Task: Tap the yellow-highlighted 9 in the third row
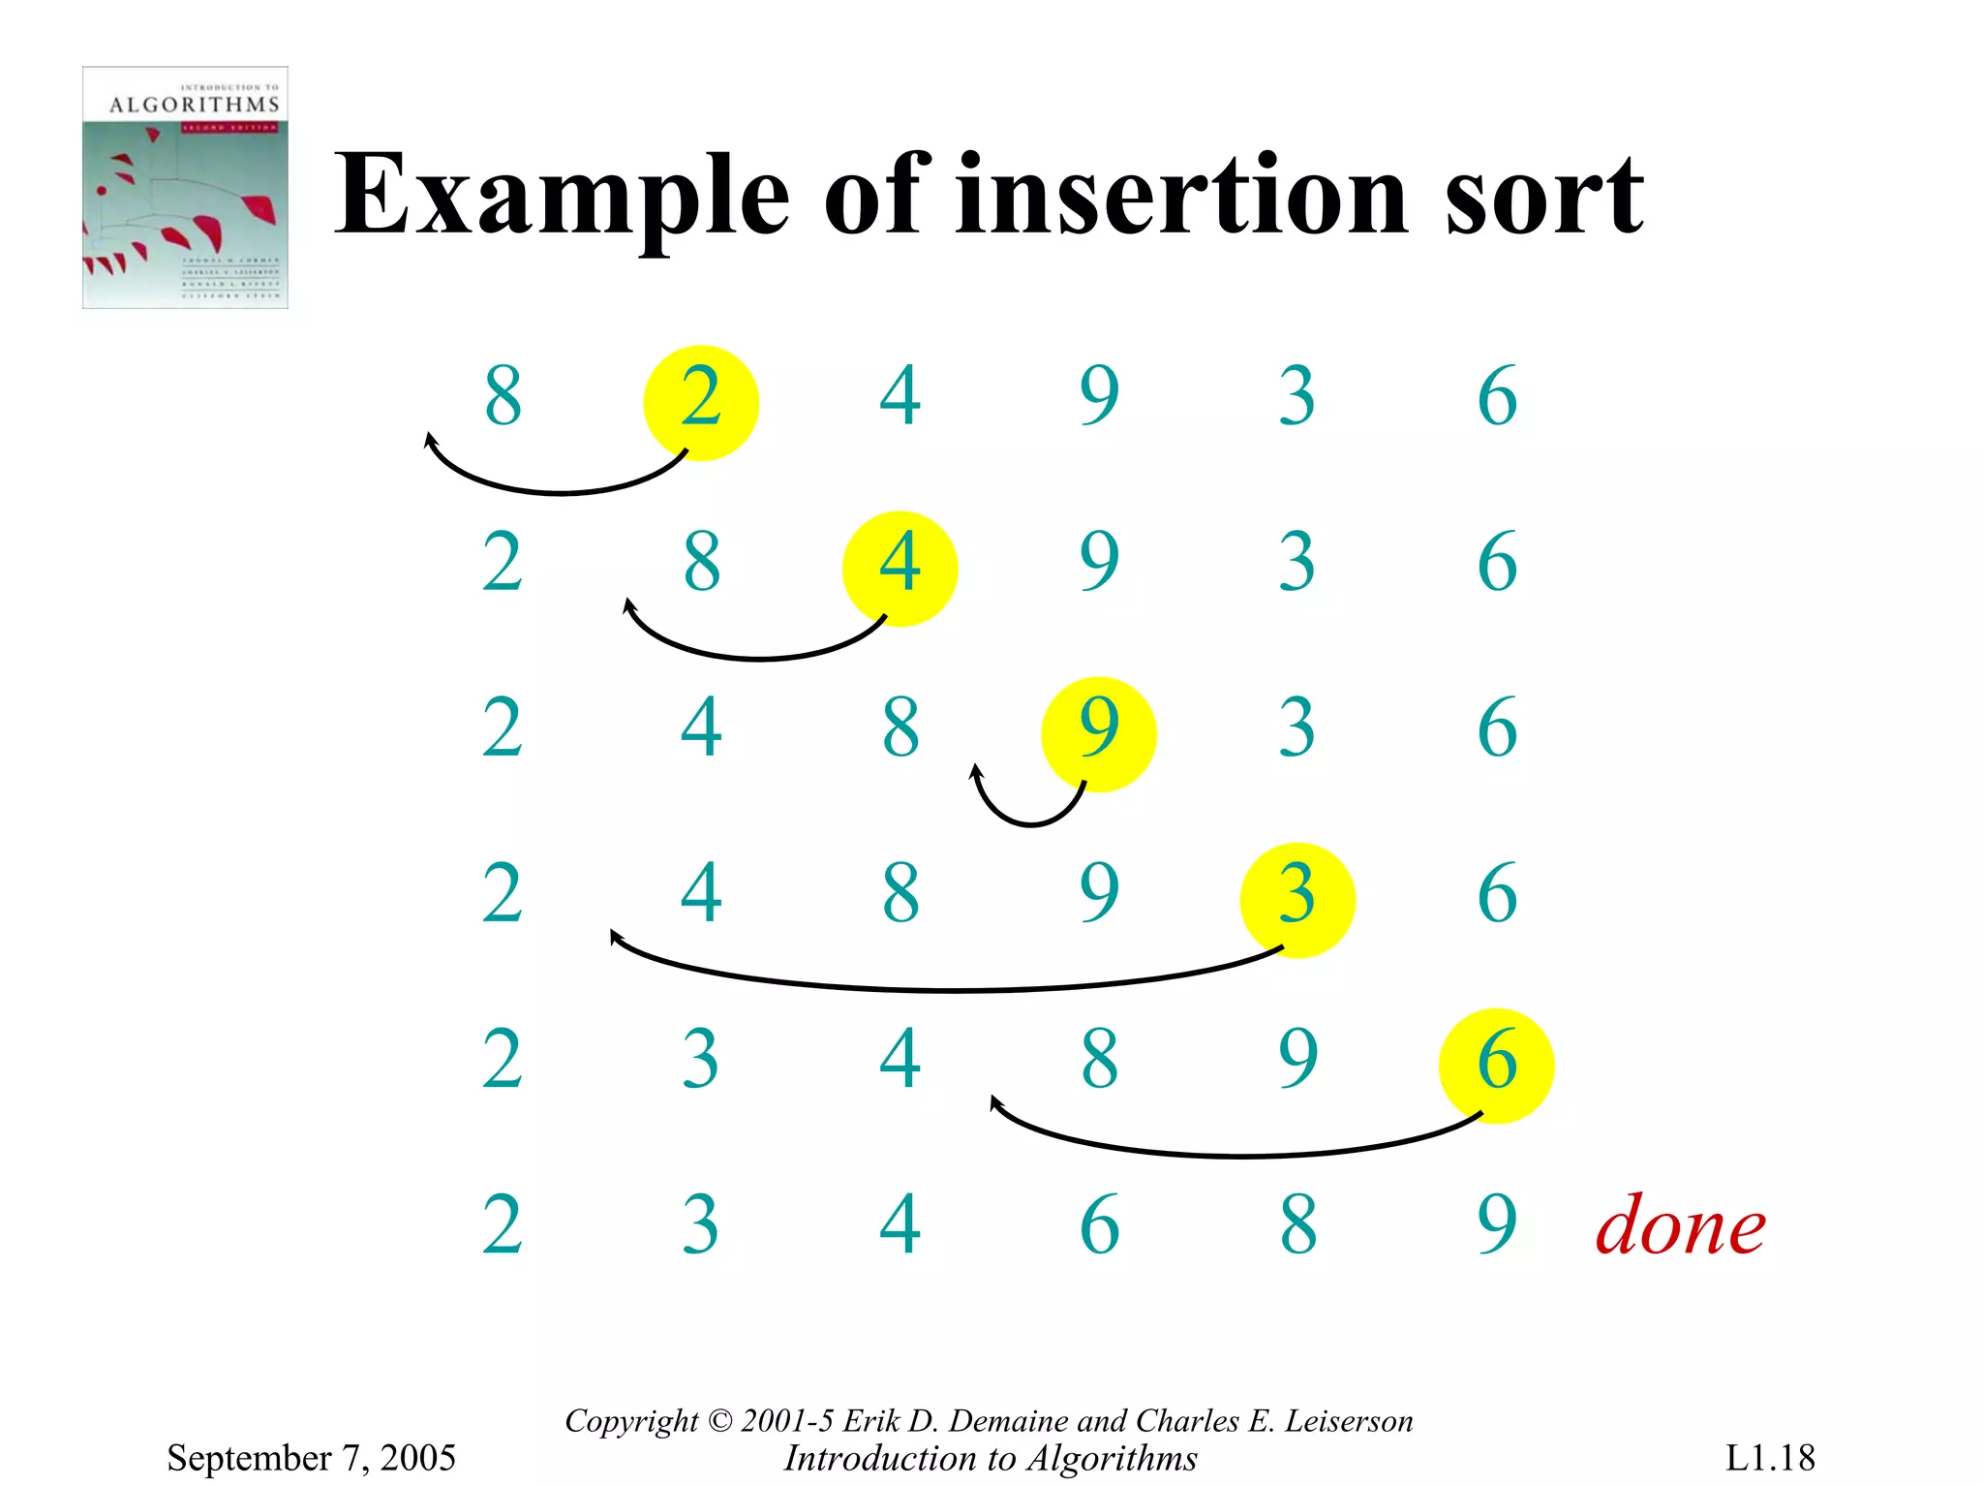(1098, 732)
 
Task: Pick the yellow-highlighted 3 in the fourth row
(1297, 898)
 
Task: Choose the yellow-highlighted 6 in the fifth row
(1496, 1064)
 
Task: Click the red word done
(1680, 1227)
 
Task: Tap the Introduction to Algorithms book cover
(185, 187)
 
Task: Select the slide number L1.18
(1769, 1457)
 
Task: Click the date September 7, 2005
(311, 1457)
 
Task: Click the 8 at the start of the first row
(503, 397)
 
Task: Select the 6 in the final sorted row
(1099, 1225)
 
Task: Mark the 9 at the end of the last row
(1496, 1225)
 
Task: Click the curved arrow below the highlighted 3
(949, 988)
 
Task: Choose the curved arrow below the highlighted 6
(1239, 1154)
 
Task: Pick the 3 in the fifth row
(700, 1061)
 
